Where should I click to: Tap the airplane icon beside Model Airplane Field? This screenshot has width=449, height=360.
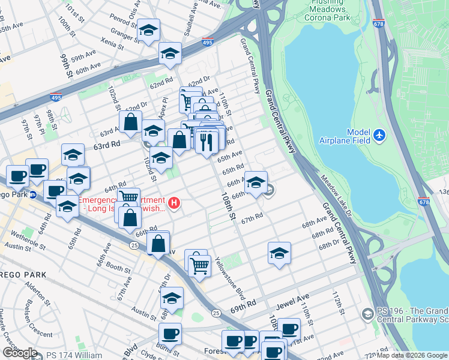click(379, 136)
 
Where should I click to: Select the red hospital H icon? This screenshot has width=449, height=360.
click(174, 203)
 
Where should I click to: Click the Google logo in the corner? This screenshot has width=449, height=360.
click(19, 352)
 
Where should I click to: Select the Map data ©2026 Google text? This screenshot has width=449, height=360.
click(411, 355)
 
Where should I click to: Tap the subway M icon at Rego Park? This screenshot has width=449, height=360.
click(35, 194)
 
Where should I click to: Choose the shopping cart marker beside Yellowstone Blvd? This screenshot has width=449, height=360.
click(199, 265)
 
